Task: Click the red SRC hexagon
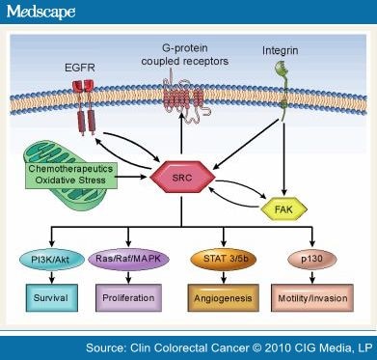pos(191,179)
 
